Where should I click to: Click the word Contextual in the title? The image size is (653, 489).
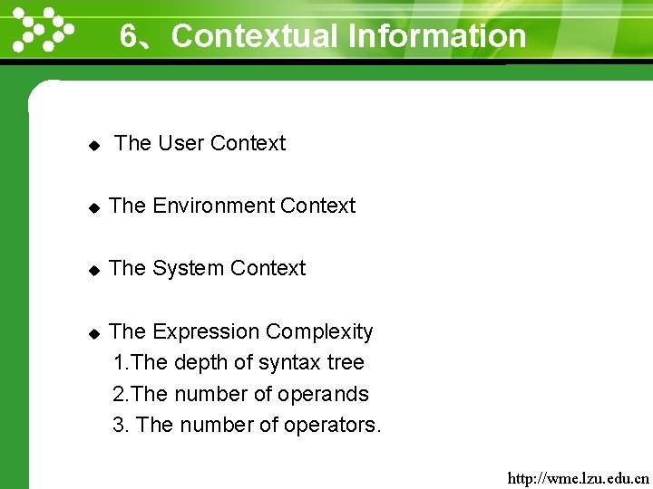coord(254,36)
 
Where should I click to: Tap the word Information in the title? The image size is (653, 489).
coord(437,36)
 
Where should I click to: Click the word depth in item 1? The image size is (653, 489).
coord(200,363)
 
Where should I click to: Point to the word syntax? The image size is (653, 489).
coord(289,363)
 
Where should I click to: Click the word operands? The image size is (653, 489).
coord(324,395)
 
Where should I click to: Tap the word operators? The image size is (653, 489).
coord(333,426)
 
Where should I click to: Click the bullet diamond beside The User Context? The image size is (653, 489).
coord(93,145)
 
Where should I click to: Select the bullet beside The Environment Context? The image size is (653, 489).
coord(93,207)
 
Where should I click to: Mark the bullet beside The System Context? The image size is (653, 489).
coord(93,270)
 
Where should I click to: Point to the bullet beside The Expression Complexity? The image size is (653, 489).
coord(93,333)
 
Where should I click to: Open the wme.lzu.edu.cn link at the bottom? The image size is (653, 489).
coord(578,476)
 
